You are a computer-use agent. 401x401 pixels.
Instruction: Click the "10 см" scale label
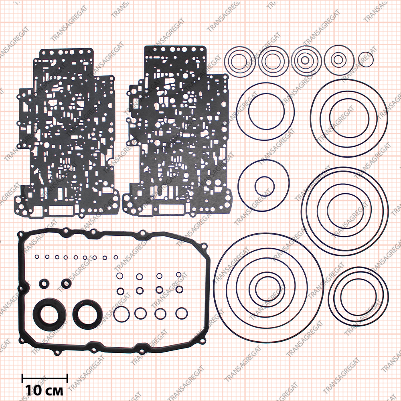tap(44, 390)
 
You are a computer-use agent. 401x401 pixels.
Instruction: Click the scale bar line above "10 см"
tap(45, 377)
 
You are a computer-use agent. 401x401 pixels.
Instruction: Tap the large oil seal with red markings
tap(88, 314)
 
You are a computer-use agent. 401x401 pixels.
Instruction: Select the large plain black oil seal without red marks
tap(48, 314)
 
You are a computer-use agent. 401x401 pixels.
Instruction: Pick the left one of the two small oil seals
tap(44, 283)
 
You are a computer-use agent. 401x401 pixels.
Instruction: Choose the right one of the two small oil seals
tap(67, 283)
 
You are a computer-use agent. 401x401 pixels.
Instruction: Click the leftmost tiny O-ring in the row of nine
tap(37, 257)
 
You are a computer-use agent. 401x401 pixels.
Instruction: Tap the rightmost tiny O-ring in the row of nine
tap(116, 257)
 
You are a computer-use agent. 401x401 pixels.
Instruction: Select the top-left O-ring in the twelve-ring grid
tap(119, 276)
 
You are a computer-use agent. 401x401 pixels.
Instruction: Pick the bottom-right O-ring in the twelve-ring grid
tap(182, 313)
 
